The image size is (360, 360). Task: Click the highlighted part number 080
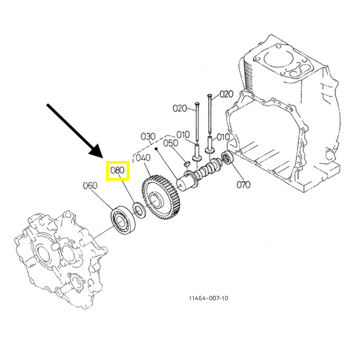pos(117,170)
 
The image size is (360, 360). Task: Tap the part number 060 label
pos(90,186)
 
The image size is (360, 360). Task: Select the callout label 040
pos(143,157)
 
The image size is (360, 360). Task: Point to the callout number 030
pos(148,136)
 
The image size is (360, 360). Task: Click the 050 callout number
pos(171,143)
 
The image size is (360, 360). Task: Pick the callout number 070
pos(243,185)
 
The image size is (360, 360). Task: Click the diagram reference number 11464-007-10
pos(208,298)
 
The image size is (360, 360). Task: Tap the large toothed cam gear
pos(161,198)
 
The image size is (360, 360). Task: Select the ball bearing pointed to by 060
pos(123,219)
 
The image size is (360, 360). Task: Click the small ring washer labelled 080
pos(139,210)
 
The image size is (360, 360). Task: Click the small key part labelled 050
pos(186,163)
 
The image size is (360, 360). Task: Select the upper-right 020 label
pos(226,94)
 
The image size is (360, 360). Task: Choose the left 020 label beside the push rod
pos(180,108)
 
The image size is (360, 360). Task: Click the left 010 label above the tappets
pos(183,135)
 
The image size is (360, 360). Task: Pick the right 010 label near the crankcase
pos(223,137)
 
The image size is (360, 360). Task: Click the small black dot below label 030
pos(155,148)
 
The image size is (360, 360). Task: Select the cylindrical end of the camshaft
pos(185,182)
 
